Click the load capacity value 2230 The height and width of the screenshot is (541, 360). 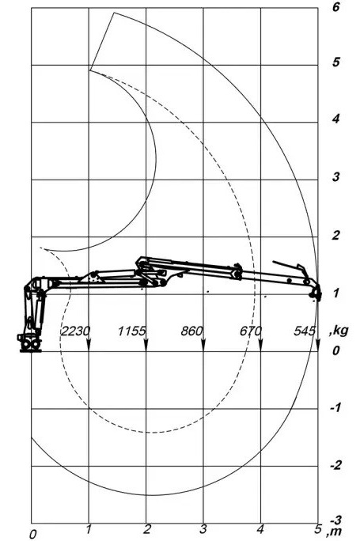[76, 331]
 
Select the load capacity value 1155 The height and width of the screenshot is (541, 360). [132, 331]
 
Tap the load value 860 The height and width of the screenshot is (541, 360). [191, 331]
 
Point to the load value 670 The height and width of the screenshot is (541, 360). [251, 331]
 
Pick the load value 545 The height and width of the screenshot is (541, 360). [305, 331]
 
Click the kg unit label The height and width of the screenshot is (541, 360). [339, 331]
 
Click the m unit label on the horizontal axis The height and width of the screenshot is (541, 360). [333, 533]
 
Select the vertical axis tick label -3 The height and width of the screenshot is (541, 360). [335, 520]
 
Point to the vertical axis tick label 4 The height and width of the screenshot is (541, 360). [335, 119]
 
